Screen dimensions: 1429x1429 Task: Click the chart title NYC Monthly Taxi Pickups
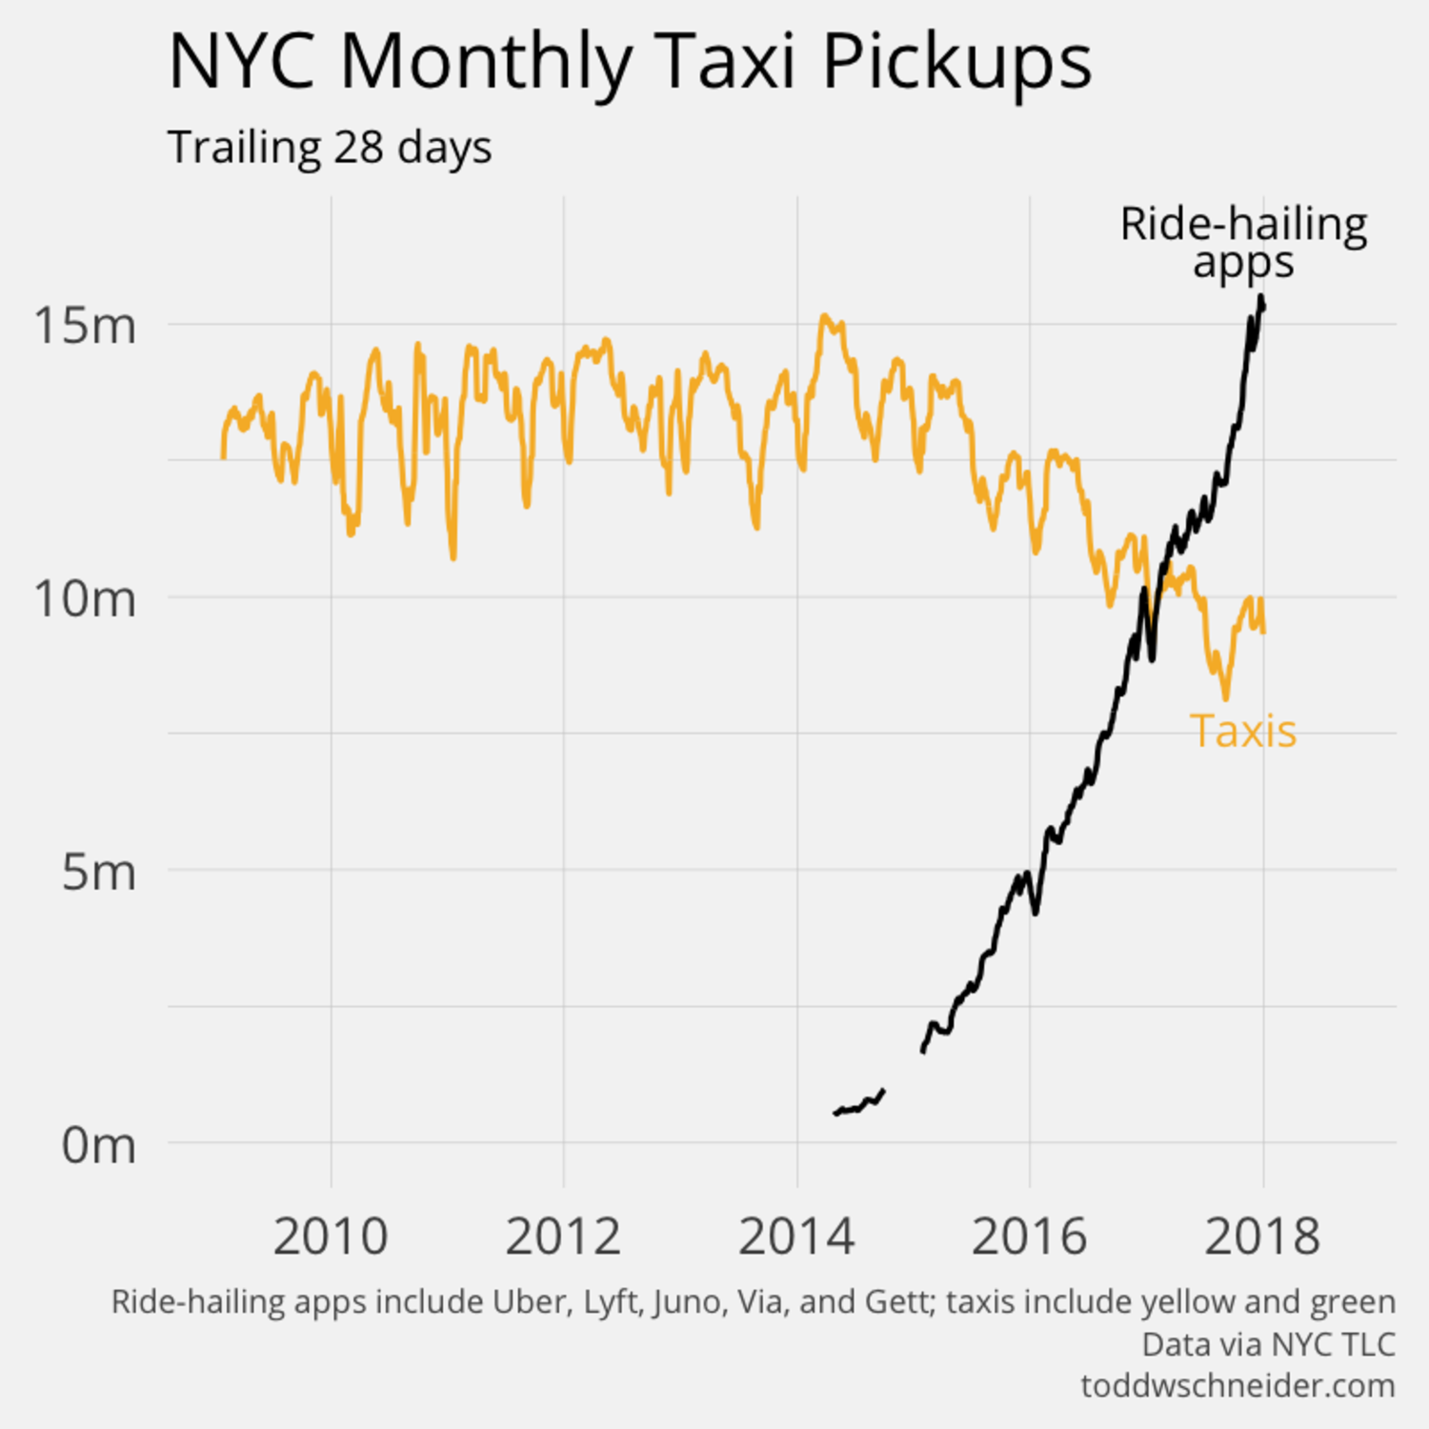point(630,63)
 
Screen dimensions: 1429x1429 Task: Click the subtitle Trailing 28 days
point(330,148)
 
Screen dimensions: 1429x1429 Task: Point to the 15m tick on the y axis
point(85,325)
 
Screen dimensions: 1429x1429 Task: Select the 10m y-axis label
point(85,598)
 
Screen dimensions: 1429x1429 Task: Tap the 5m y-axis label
point(98,871)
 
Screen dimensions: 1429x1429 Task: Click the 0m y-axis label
point(98,1144)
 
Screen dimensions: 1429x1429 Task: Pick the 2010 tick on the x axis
point(331,1237)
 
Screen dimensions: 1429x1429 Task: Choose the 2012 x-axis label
point(563,1237)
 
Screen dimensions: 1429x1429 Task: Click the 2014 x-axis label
point(796,1237)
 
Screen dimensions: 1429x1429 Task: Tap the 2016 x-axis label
point(1029,1237)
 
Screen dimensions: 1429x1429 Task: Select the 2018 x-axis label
point(1262,1237)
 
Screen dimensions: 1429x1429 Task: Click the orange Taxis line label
point(1243,732)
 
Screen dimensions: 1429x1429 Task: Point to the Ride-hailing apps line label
point(1243,242)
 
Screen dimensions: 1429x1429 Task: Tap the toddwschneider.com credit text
point(1238,1385)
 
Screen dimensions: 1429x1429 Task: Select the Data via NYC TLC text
point(1268,1344)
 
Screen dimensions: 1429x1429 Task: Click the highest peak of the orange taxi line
point(825,317)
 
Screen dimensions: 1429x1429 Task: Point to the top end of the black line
point(1261,299)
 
